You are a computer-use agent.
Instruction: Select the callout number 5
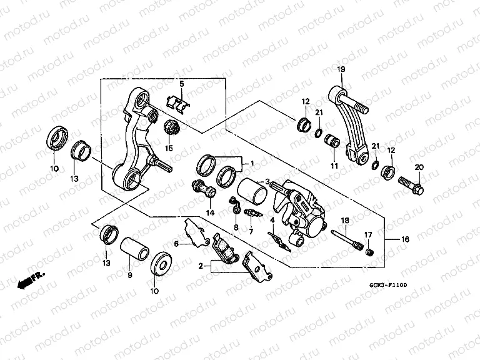click(181, 83)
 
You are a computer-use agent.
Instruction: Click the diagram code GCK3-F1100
click(387, 285)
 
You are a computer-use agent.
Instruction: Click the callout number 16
click(406, 239)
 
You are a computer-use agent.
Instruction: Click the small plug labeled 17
click(369, 252)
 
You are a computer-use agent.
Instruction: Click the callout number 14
click(211, 212)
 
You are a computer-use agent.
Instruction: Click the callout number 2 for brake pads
click(200, 266)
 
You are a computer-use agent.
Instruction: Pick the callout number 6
click(176, 244)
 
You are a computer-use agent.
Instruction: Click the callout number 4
click(273, 220)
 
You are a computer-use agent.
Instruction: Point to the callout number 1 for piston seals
click(252, 164)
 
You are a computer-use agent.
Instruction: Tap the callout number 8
click(237, 226)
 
